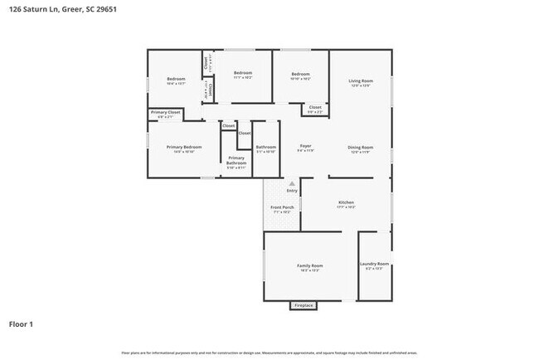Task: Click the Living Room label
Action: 361,81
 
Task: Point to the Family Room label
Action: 310,266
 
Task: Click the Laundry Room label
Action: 374,265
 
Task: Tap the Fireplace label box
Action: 303,305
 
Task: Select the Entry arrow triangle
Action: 291,182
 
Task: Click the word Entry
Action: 291,190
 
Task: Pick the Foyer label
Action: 305,146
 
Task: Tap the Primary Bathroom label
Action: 236,160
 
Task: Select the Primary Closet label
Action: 166,113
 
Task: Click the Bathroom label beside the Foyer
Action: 265,148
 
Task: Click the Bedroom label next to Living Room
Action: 300,75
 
